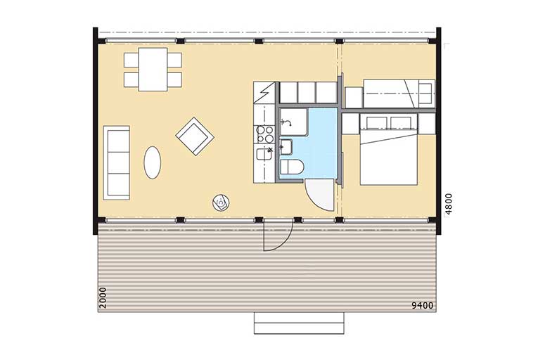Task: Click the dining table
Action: [x=153, y=70]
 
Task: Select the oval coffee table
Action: [x=153, y=162]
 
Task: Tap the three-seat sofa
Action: [x=117, y=162]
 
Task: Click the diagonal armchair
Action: [x=195, y=136]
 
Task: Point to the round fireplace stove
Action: [x=221, y=202]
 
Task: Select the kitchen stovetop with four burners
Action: [x=265, y=134]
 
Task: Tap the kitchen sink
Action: [x=264, y=154]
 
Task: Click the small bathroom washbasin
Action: [x=286, y=147]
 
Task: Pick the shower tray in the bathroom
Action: [x=294, y=122]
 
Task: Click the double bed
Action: [x=388, y=150]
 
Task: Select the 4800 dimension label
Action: [x=449, y=204]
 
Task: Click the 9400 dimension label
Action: [x=423, y=305]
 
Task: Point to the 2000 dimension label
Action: [x=103, y=297]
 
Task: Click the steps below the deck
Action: [x=299, y=323]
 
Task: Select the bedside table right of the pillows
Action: [x=427, y=124]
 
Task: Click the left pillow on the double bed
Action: [x=377, y=123]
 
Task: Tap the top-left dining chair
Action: [x=131, y=60]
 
